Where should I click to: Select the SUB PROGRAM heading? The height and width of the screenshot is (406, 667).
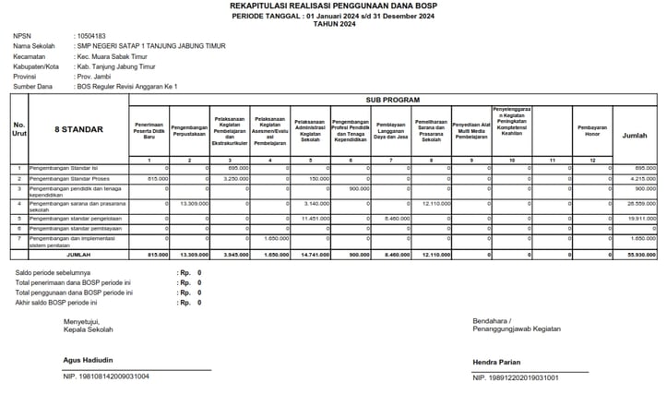click(x=392, y=99)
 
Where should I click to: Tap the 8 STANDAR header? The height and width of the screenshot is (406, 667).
click(x=77, y=129)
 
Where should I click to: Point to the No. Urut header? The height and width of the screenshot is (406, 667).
click(x=18, y=129)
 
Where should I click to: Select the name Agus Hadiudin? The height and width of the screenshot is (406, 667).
click(x=88, y=359)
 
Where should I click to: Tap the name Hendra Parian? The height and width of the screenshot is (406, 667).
click(x=497, y=362)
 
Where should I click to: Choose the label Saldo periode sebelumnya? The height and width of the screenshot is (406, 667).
click(x=53, y=273)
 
